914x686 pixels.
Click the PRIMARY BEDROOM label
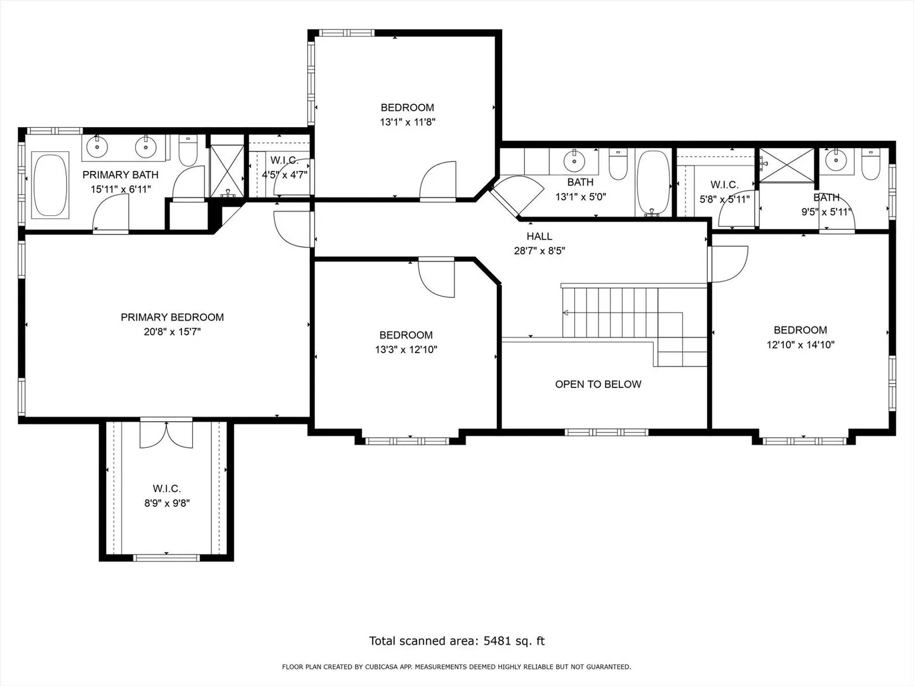[172, 318]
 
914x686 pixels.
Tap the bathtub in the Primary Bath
[50, 185]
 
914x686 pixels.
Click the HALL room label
[540, 236]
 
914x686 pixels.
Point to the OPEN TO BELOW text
[598, 384]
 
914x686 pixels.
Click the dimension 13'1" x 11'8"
[407, 122]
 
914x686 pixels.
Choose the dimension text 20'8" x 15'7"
[172, 332]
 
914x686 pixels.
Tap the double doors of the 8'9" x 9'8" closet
[166, 434]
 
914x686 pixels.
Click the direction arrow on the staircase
[565, 313]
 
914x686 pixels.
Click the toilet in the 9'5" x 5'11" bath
[870, 164]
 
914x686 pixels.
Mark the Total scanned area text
[457, 641]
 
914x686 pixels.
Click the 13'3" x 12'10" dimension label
[406, 349]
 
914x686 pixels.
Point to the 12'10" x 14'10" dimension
[800, 344]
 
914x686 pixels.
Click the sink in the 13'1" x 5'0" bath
[574, 160]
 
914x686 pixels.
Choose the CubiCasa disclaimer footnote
[457, 667]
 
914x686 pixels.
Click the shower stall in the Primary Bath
[227, 171]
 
